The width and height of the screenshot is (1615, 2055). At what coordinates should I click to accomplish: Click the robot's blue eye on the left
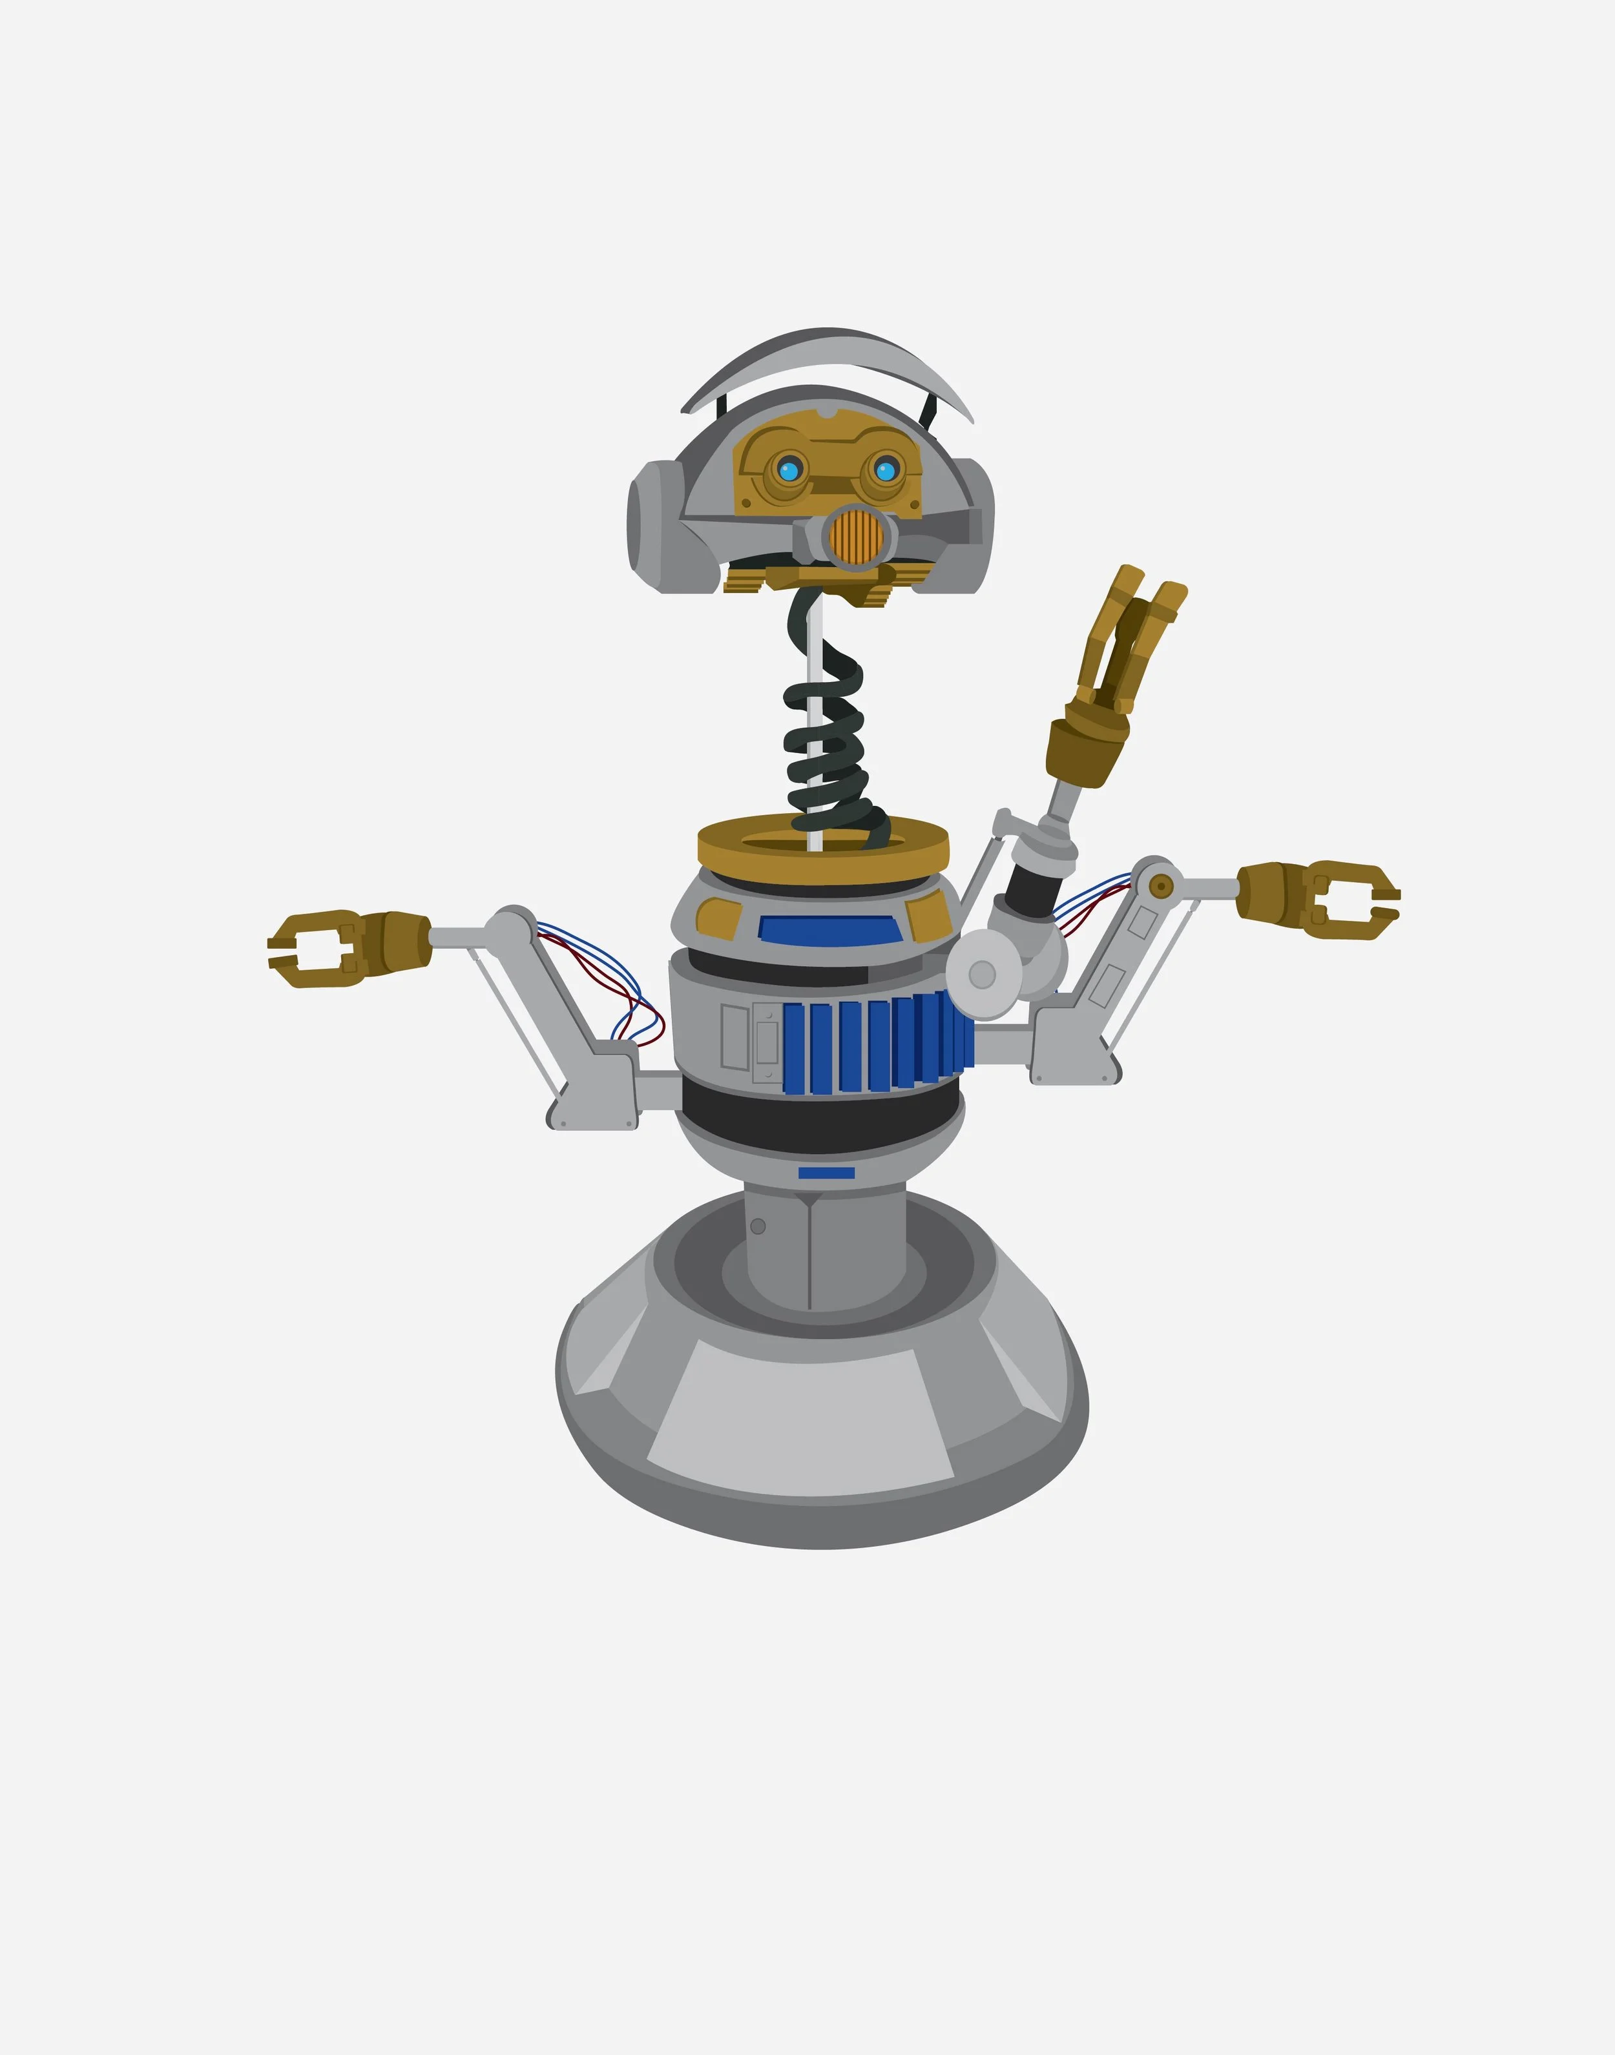point(789,469)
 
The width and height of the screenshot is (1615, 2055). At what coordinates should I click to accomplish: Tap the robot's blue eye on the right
point(885,470)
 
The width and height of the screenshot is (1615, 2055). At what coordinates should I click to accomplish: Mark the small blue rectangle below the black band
point(826,1173)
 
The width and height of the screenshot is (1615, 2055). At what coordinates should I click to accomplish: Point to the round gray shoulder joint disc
point(983,974)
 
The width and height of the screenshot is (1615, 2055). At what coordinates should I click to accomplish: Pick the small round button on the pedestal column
point(757,1226)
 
